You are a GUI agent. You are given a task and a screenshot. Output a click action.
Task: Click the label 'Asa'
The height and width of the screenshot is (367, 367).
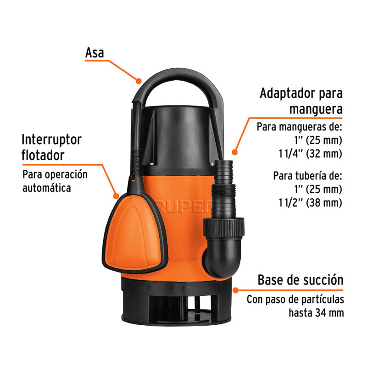[95, 53]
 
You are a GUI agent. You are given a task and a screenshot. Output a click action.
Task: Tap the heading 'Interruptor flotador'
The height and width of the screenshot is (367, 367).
[51, 147]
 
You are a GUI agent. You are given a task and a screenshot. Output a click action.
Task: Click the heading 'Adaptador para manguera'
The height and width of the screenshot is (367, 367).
[301, 101]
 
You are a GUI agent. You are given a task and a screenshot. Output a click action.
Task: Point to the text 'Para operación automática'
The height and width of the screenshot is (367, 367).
[55, 181]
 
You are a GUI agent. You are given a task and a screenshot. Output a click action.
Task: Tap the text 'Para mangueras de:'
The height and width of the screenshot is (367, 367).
[300, 126]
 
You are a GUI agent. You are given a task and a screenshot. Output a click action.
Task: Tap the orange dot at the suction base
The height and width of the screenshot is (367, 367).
[235, 290]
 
